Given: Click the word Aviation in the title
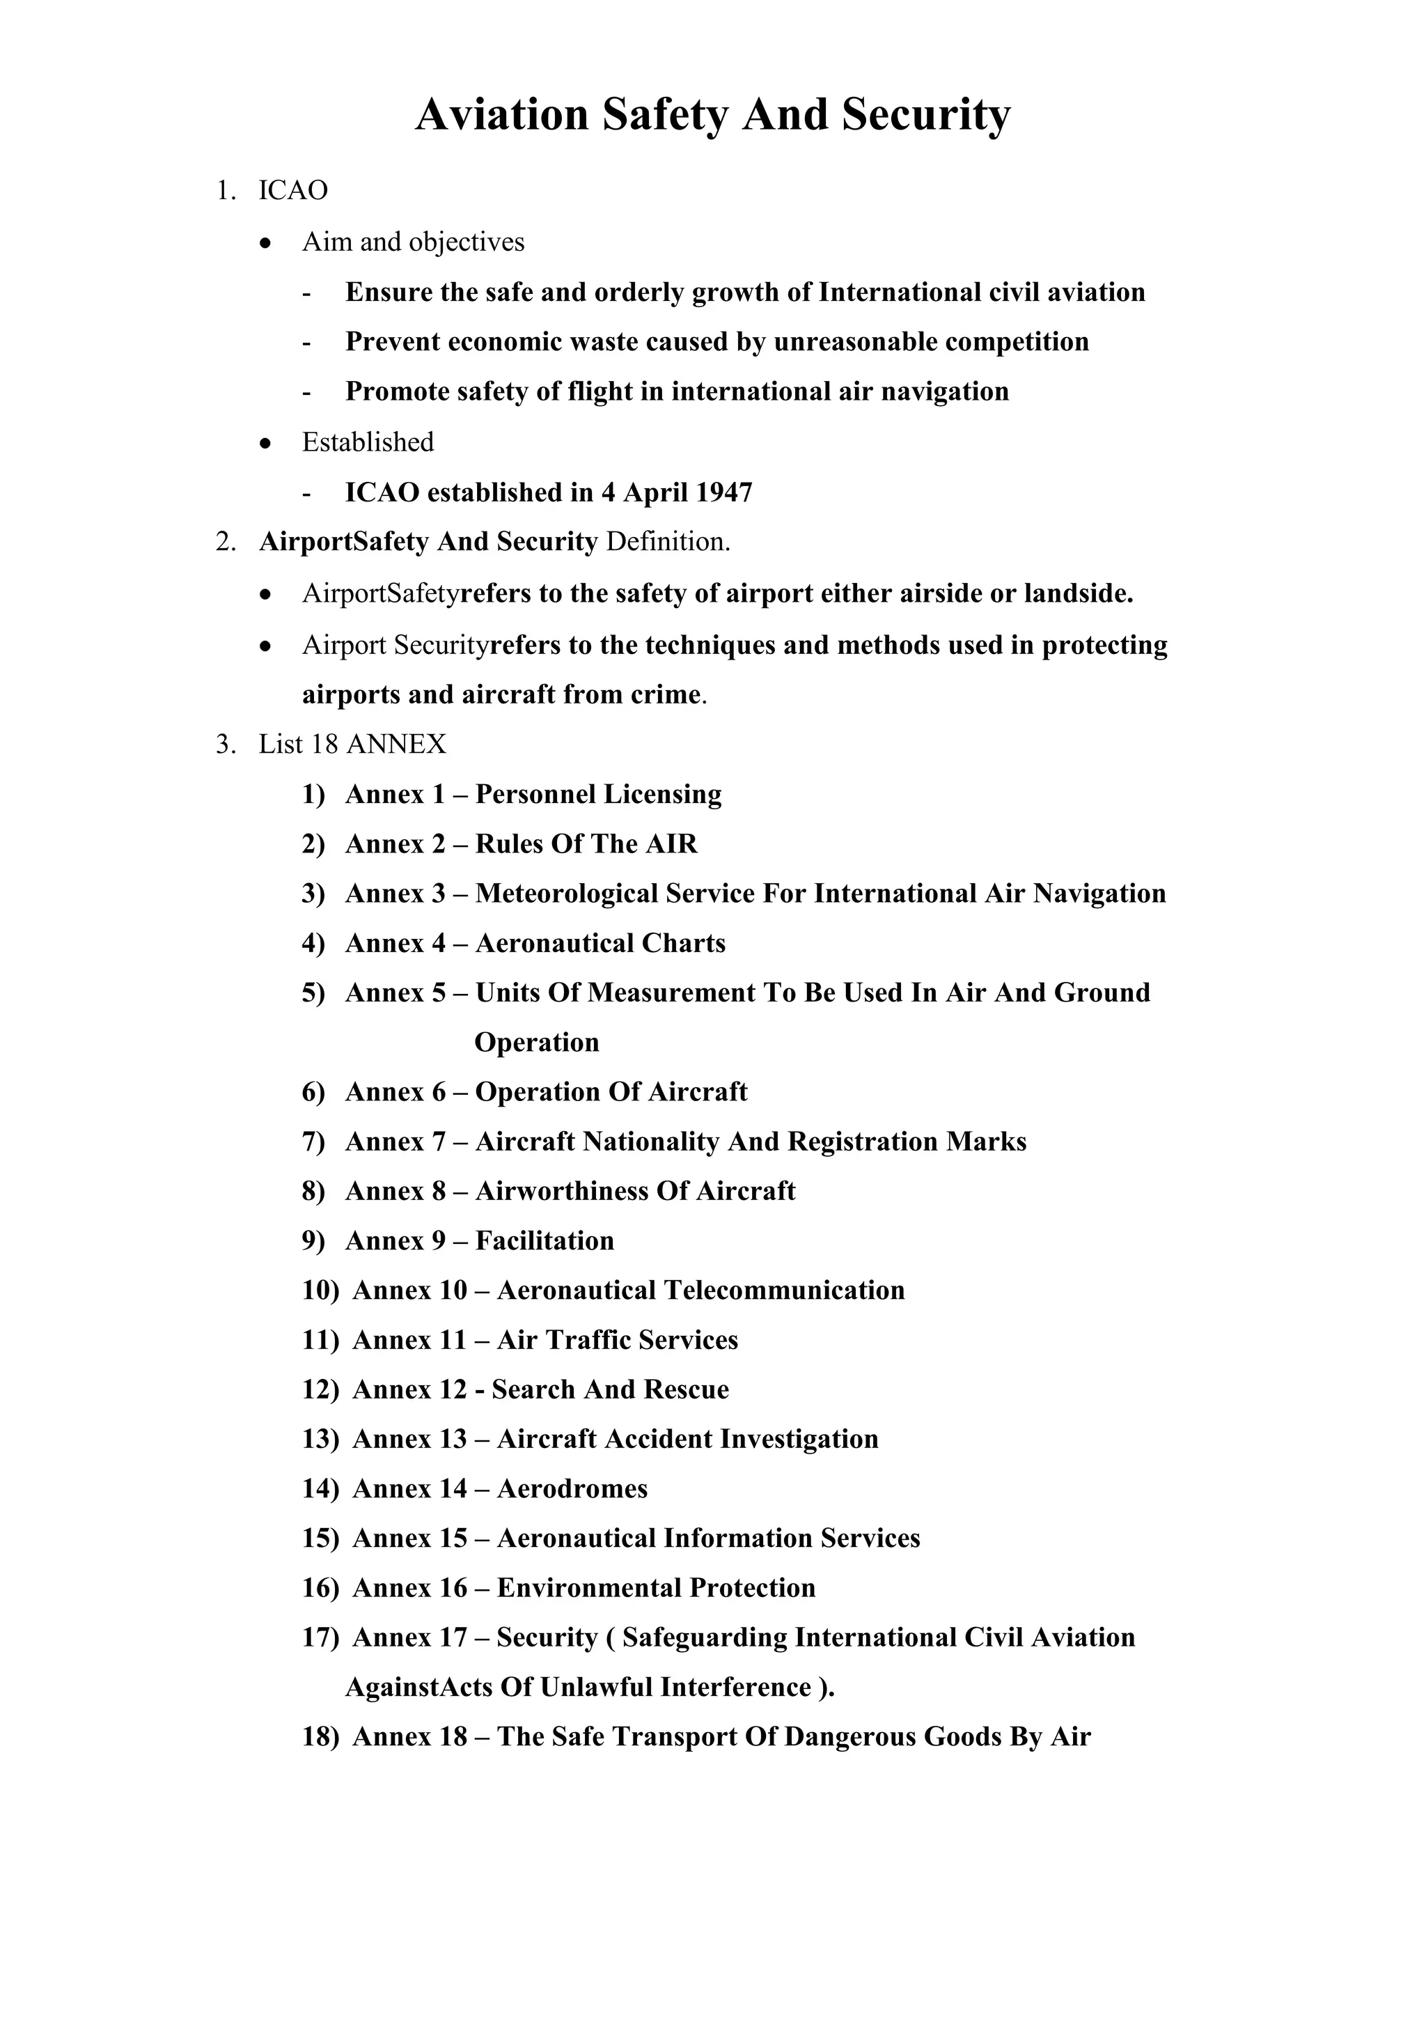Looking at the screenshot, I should point(501,115).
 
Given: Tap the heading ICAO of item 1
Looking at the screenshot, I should point(292,191).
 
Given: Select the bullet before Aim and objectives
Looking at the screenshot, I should point(266,242).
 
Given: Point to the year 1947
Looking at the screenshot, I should point(723,493).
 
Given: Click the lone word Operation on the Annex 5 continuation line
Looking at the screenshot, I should point(537,1043).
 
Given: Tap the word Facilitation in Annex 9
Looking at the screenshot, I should point(544,1241).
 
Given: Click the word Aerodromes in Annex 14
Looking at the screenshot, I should point(572,1489).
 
